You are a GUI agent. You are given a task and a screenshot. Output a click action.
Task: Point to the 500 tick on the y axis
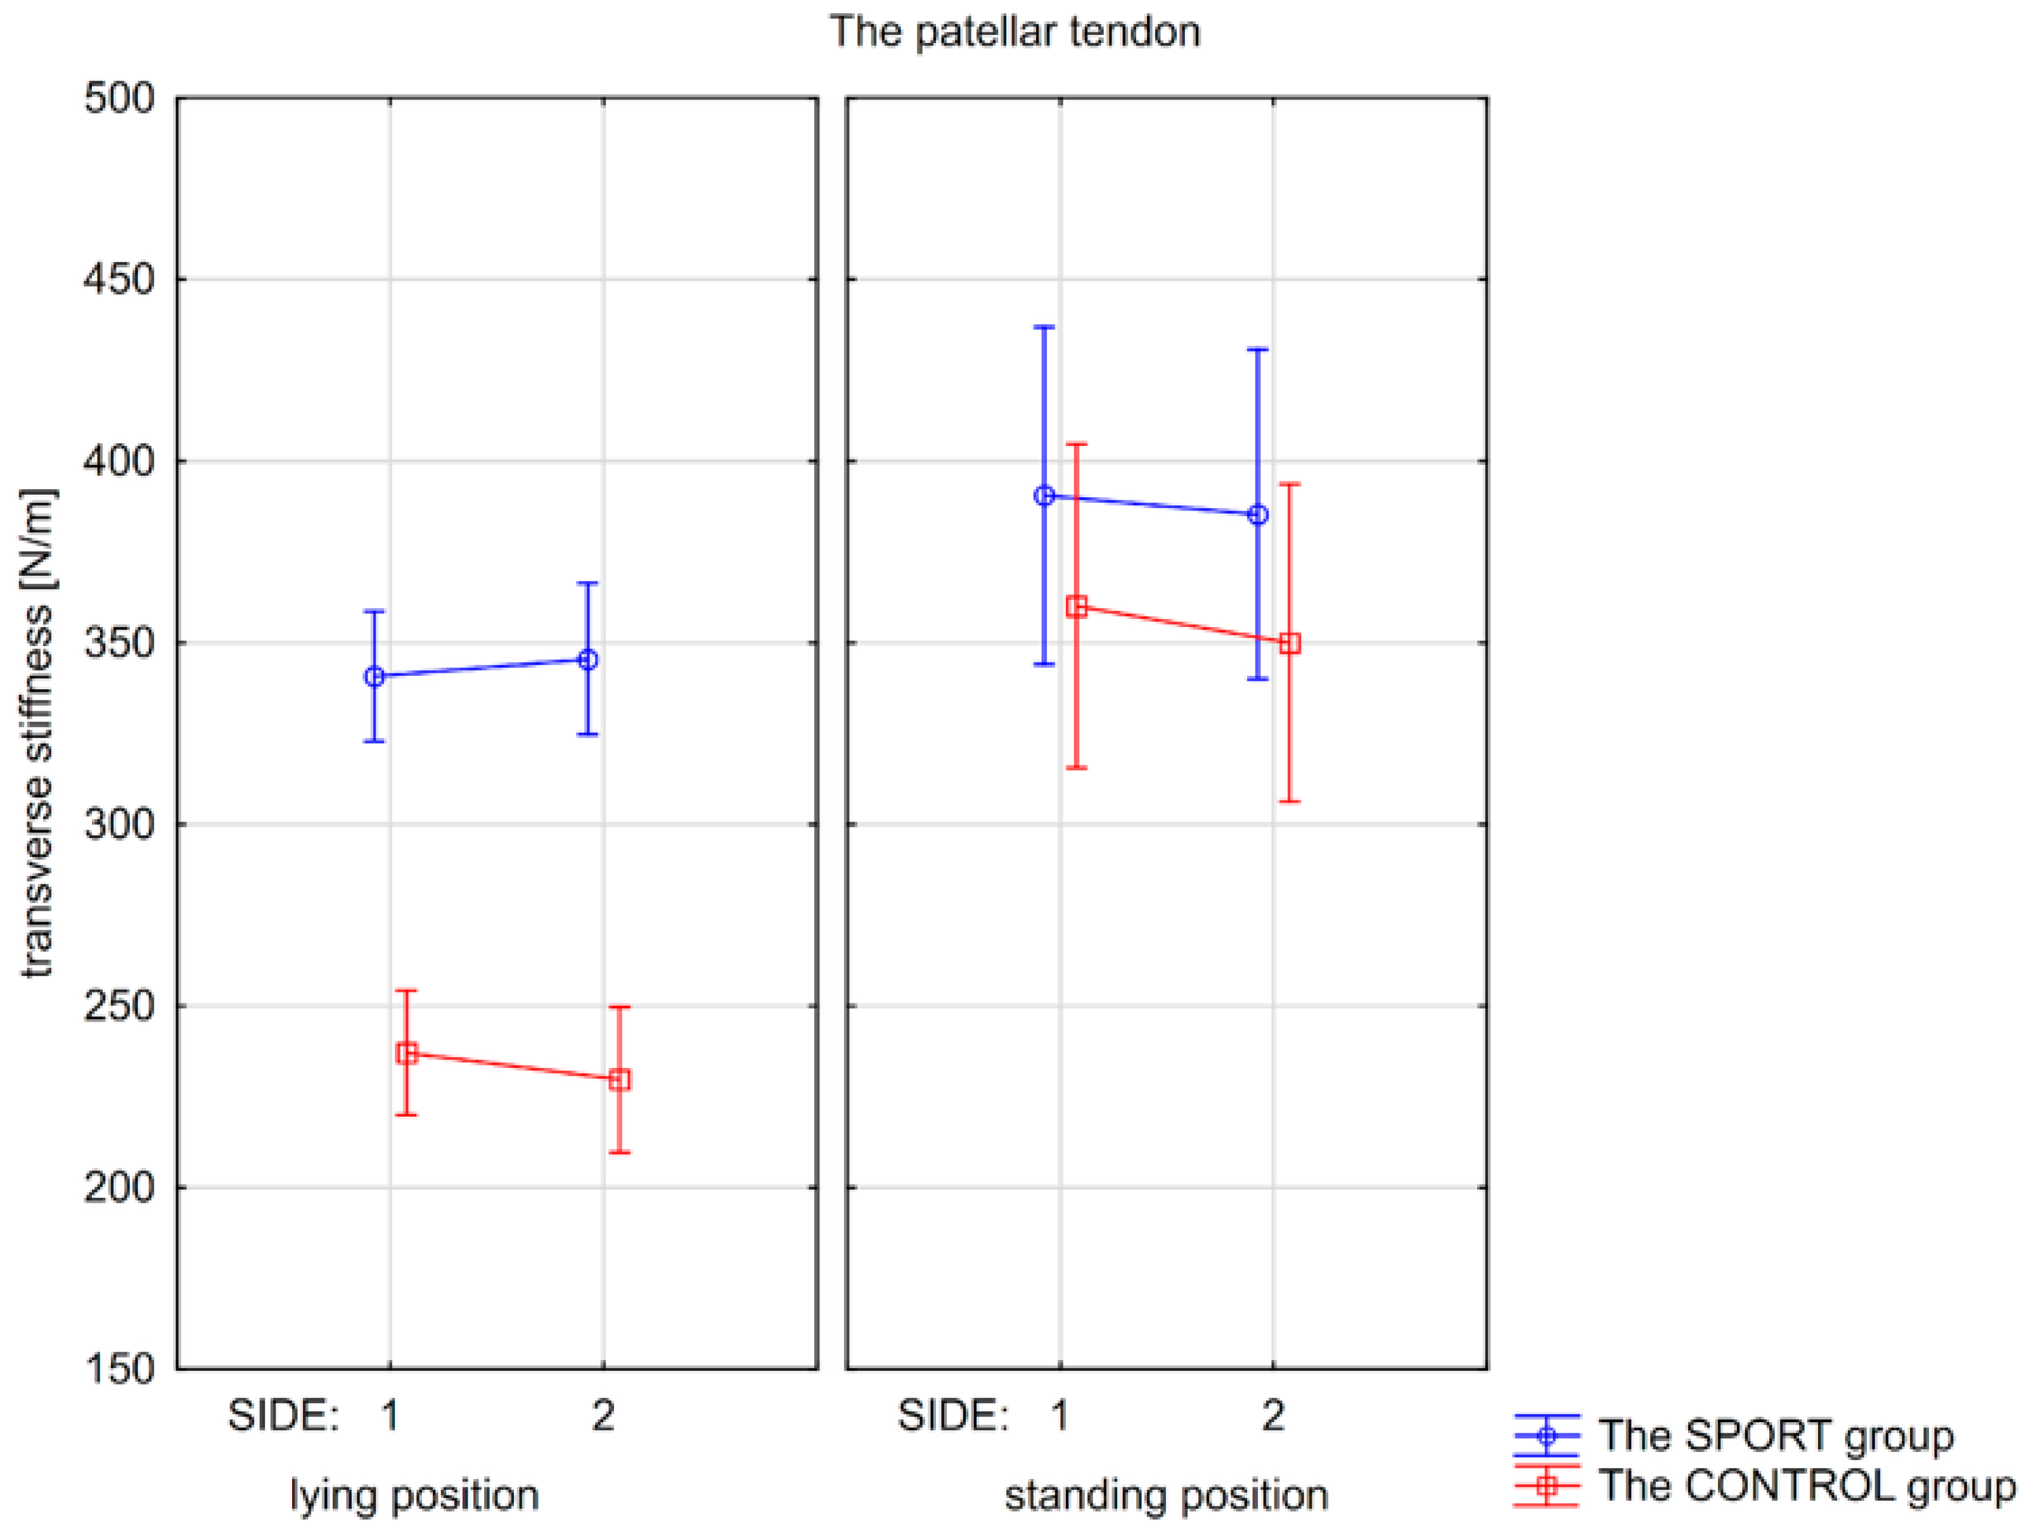(119, 98)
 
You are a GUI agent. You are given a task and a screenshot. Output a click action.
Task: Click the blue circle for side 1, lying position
(375, 677)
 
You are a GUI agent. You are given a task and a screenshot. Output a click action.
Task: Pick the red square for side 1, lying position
(407, 1053)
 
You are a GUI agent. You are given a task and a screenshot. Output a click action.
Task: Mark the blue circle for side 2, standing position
(1258, 515)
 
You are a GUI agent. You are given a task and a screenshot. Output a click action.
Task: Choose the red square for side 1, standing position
(1077, 607)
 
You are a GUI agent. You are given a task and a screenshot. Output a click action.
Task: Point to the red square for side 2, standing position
(1290, 644)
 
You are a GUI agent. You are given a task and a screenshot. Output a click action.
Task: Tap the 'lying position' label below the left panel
(414, 1495)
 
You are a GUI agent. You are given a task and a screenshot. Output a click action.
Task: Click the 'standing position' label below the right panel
(1166, 1495)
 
